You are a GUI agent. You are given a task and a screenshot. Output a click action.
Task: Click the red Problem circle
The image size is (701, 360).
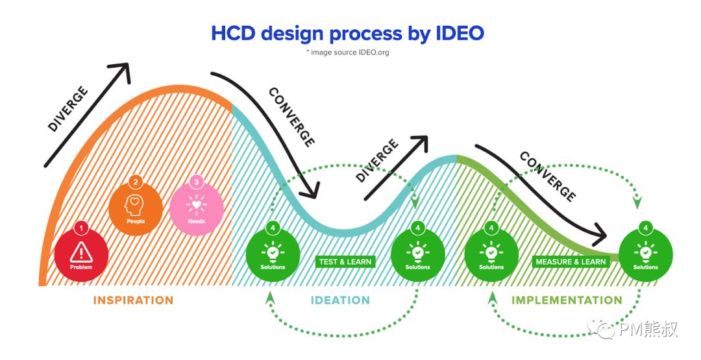(x=81, y=254)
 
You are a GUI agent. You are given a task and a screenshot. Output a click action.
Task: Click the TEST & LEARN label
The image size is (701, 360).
(x=345, y=262)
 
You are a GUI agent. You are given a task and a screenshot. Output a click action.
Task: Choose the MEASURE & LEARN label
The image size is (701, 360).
(x=571, y=262)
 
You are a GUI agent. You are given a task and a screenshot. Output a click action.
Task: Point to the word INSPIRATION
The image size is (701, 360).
(x=133, y=300)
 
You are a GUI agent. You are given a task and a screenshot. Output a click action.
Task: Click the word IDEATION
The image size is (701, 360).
(x=340, y=300)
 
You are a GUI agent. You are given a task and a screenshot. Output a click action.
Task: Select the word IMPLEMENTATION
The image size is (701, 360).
(x=567, y=300)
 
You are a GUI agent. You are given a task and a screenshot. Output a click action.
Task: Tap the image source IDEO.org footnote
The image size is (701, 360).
(x=348, y=53)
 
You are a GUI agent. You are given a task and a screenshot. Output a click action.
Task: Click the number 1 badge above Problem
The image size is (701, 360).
(x=81, y=228)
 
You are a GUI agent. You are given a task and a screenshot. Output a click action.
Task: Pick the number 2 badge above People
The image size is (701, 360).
(x=135, y=182)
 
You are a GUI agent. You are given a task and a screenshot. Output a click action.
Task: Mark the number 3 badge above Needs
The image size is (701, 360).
(x=196, y=182)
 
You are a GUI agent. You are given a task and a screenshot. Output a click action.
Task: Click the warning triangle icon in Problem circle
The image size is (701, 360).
(x=81, y=250)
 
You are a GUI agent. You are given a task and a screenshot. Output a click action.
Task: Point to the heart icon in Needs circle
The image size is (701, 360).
(x=196, y=204)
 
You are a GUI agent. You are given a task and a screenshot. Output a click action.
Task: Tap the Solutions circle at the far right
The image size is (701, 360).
(x=645, y=254)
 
